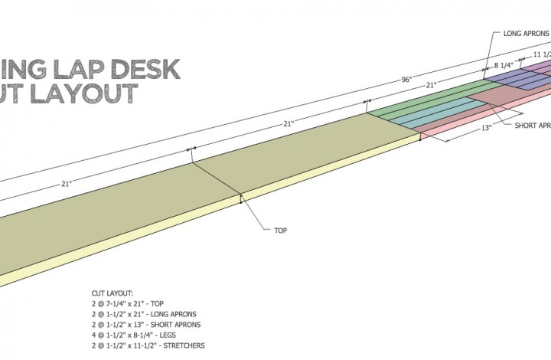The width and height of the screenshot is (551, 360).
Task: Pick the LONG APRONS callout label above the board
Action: pyautogui.click(x=527, y=34)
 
